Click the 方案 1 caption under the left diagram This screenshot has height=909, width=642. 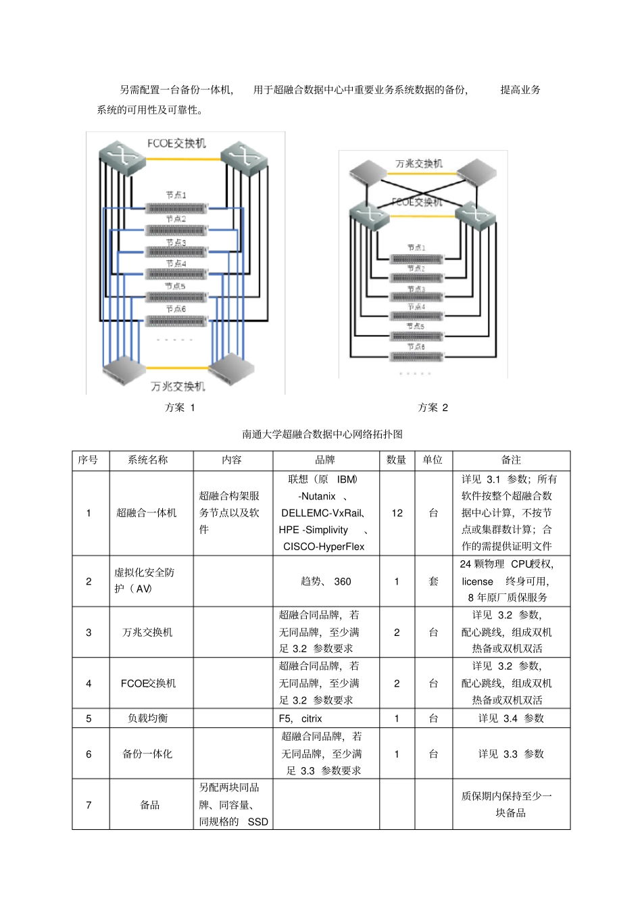point(180,408)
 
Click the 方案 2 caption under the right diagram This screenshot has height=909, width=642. point(433,408)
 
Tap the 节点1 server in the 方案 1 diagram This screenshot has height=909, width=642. point(176,208)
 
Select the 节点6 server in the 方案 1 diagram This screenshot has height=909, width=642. point(176,320)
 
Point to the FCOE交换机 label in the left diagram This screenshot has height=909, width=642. point(176,143)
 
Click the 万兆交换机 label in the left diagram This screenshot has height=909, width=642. point(178,387)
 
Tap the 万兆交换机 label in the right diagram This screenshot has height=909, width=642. point(419,164)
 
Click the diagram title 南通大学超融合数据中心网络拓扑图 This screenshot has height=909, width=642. point(322,434)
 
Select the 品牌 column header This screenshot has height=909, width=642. point(325,460)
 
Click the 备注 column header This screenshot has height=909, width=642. point(511,460)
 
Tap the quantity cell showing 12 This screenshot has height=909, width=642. point(397,513)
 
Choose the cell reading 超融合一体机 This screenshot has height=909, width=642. point(147,513)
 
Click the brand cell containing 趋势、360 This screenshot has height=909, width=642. point(325,581)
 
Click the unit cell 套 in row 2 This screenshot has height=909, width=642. point(433,581)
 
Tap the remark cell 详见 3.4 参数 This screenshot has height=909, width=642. point(511,718)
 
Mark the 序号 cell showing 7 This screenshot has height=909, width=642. point(89,805)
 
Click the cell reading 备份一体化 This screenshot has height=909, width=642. point(147,754)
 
